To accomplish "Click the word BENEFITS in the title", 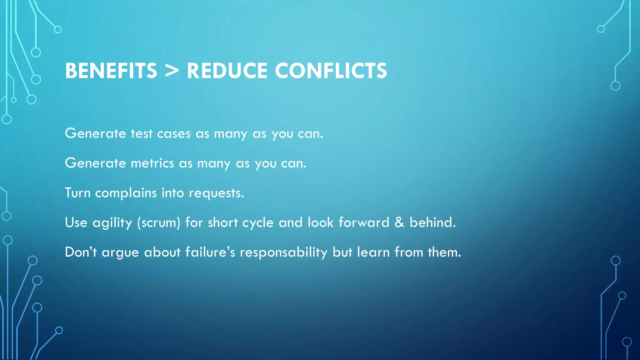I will pyautogui.click(x=111, y=71).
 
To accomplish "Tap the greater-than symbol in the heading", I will pyautogui.click(x=172, y=71).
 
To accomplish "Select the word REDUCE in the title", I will pyautogui.click(x=227, y=71).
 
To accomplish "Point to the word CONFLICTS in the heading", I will pyautogui.click(x=331, y=71).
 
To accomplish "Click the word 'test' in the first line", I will pyautogui.click(x=142, y=134).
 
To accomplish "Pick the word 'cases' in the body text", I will pyautogui.click(x=174, y=134).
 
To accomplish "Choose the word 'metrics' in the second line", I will pyautogui.click(x=152, y=163).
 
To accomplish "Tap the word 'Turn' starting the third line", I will pyautogui.click(x=77, y=193).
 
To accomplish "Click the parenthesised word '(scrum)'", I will pyautogui.click(x=159, y=223).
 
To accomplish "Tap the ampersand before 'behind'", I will pyautogui.click(x=399, y=222).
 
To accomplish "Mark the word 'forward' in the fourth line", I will pyautogui.click(x=364, y=222).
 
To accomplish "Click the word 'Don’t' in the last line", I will pyautogui.click(x=81, y=252).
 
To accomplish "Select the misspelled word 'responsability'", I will pyautogui.click(x=283, y=252).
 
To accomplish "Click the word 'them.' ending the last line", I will pyautogui.click(x=444, y=252).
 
